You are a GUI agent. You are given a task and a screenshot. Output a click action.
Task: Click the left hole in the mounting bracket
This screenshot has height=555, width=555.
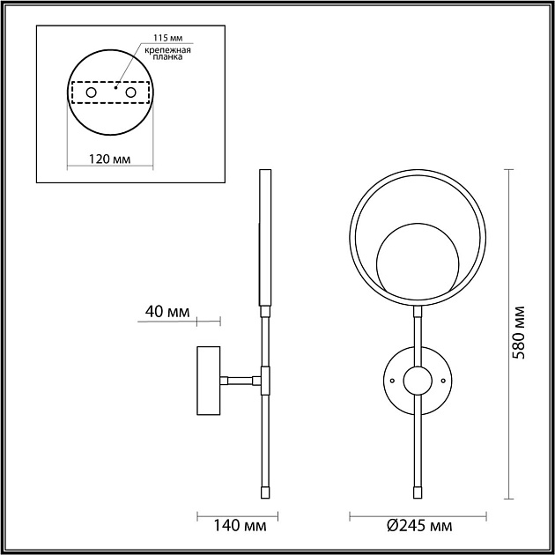[x=90, y=92]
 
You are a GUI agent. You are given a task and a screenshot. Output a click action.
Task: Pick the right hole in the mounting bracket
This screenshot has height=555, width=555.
[x=130, y=92]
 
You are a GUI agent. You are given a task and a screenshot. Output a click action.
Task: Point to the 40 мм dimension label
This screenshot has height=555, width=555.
[x=166, y=311]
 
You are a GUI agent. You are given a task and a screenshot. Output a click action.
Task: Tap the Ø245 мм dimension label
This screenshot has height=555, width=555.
[x=419, y=527]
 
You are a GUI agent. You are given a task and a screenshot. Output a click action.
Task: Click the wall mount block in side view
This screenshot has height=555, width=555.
[x=209, y=381]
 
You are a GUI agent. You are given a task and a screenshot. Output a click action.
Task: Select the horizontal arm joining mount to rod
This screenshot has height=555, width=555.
[x=240, y=381]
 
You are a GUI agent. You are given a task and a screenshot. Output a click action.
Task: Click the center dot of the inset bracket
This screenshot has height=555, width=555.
[x=115, y=88]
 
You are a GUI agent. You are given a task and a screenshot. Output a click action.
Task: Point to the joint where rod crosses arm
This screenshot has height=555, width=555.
[x=263, y=381]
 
